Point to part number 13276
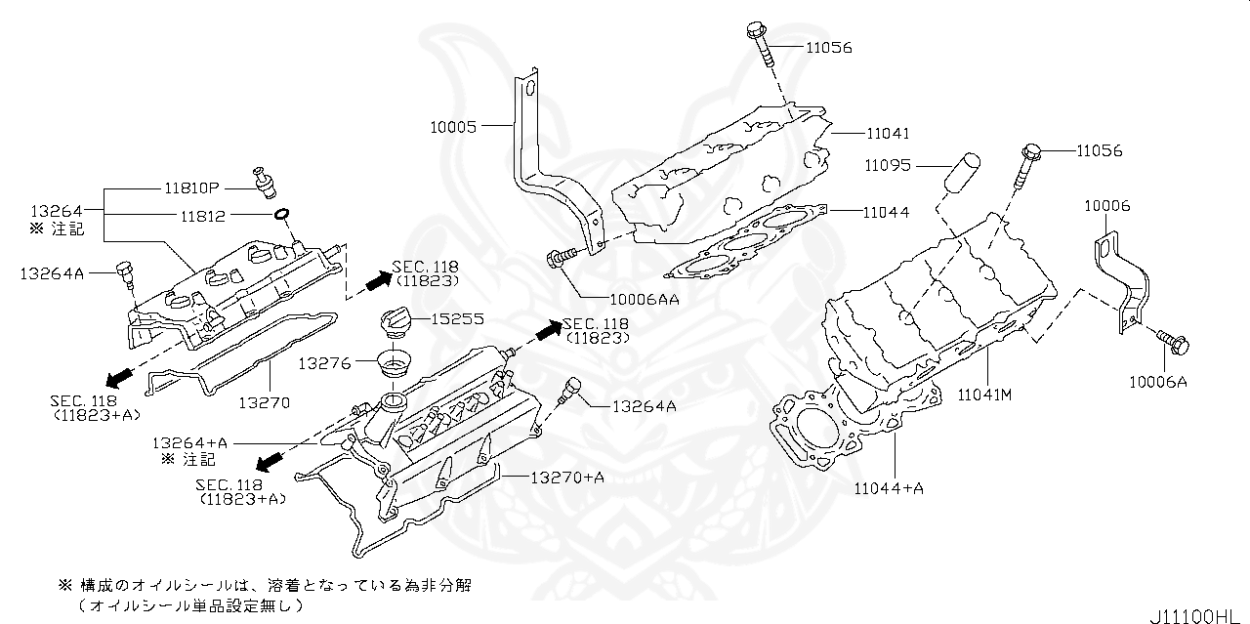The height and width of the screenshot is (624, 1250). click(x=325, y=363)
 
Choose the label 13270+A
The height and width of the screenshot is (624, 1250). click(x=567, y=477)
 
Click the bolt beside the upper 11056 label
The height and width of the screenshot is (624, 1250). click(x=763, y=44)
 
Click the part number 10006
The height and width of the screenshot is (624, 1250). click(x=1106, y=206)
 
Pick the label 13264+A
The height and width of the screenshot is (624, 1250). click(x=190, y=442)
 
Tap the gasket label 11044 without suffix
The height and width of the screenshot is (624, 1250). click(x=886, y=211)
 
